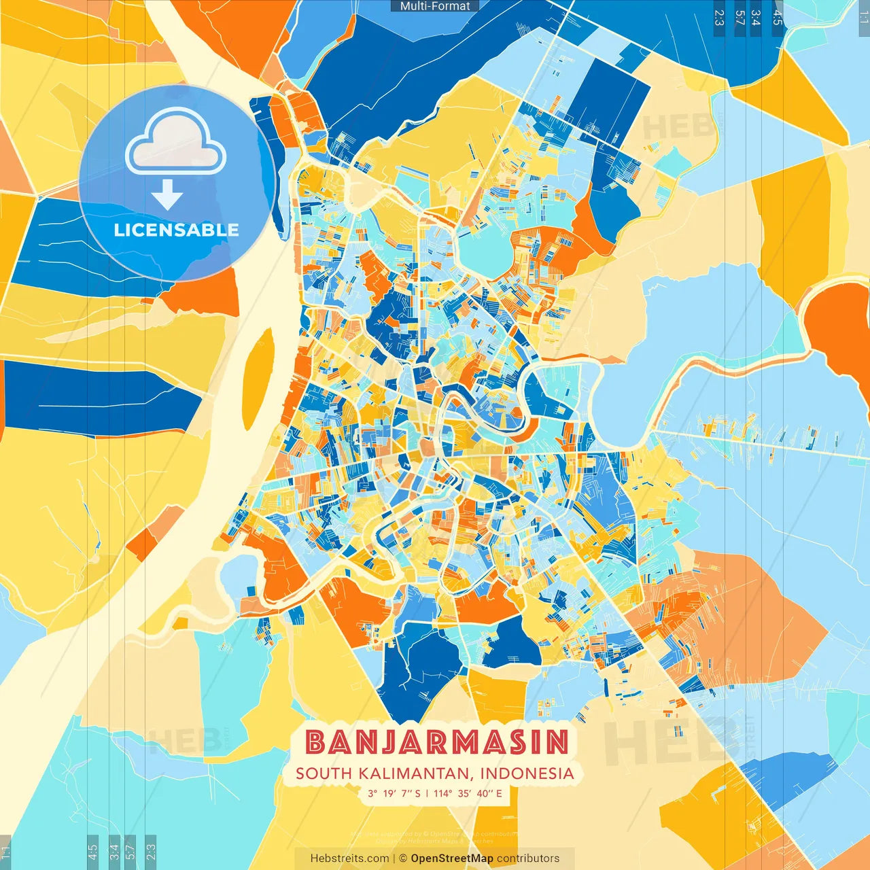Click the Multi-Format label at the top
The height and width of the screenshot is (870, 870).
pyautogui.click(x=435, y=6)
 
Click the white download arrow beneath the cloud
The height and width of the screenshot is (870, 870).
pyautogui.click(x=167, y=194)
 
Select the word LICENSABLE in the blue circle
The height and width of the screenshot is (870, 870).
pyautogui.click(x=176, y=230)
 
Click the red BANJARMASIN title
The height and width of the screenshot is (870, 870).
pyautogui.click(x=436, y=742)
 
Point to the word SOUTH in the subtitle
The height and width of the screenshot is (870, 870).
pyautogui.click(x=324, y=773)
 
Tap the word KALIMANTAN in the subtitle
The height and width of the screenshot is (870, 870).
pyautogui.click(x=414, y=773)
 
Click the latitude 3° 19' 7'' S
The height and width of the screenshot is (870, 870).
pyautogui.click(x=394, y=793)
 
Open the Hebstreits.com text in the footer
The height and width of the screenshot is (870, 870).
pyautogui.click(x=349, y=858)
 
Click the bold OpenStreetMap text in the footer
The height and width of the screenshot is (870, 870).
pyautogui.click(x=452, y=858)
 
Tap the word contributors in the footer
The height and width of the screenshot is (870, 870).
pyautogui.click(x=528, y=858)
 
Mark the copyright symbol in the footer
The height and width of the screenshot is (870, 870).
pyautogui.click(x=402, y=858)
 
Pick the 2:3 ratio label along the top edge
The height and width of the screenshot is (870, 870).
pyautogui.click(x=719, y=17)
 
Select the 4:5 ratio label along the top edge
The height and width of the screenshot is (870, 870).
pyautogui.click(x=778, y=17)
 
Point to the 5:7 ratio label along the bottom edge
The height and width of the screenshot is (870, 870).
pyautogui.click(x=130, y=850)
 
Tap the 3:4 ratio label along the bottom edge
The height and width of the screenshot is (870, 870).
pyautogui.click(x=114, y=850)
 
